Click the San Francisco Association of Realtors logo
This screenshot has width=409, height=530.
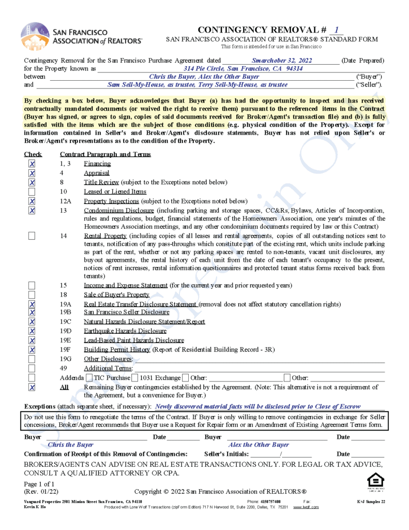coord(81,36)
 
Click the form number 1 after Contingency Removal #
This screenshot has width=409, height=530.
coord(337,31)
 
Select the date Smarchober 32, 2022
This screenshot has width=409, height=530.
coord(282,61)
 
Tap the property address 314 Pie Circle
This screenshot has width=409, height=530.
coord(243,68)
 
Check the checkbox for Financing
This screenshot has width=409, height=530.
coord(32,164)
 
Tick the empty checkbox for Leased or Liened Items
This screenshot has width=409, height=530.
coord(32,192)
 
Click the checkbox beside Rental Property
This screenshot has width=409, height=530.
coord(32,236)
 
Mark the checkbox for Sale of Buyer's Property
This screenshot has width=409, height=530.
coord(32,295)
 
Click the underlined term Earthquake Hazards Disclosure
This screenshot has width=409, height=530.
coord(125,331)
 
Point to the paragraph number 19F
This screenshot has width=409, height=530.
coord(66,349)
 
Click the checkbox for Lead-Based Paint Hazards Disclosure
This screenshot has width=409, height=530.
coord(32,340)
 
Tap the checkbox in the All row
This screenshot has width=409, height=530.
coord(32,387)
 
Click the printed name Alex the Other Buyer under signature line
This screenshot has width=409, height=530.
coord(259,445)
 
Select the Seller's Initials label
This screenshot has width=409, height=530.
coord(226,454)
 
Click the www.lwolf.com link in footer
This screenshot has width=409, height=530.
coord(306,507)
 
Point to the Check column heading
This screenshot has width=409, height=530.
coord(33,154)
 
